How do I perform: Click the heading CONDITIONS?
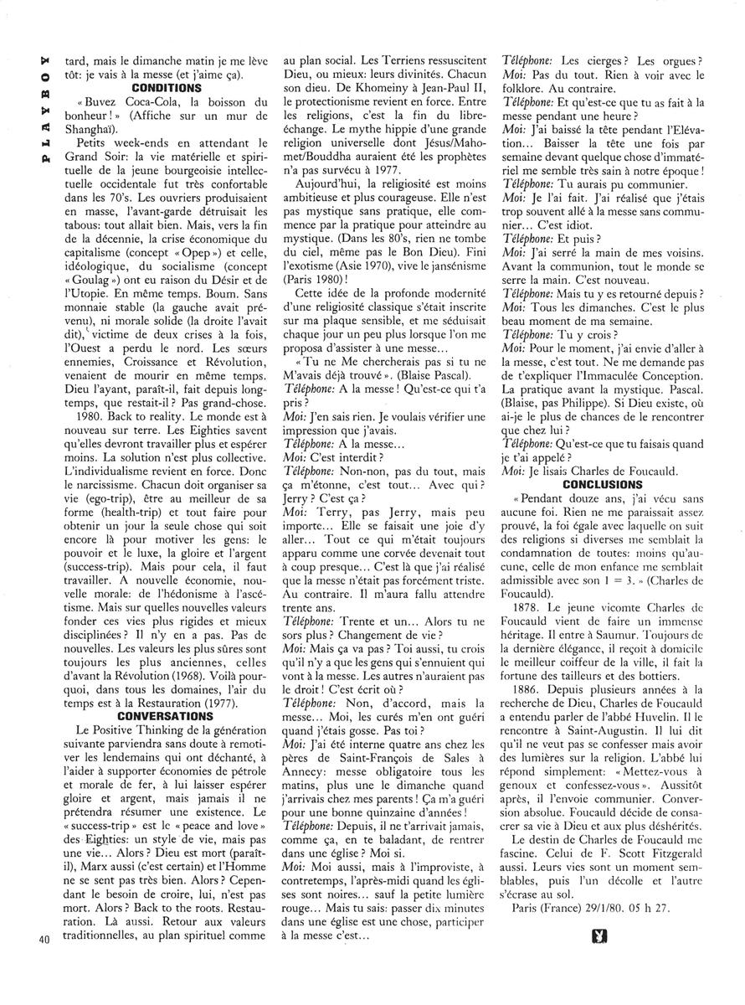coord(167,86)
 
